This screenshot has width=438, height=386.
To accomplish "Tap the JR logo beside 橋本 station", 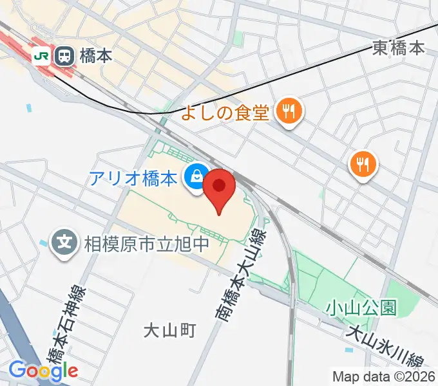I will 41,56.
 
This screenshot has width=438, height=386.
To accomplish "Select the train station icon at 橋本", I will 64,56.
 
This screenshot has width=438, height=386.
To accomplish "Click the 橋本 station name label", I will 96,56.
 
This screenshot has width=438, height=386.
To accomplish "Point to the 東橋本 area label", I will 399,48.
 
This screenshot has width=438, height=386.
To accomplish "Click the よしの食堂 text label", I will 224,113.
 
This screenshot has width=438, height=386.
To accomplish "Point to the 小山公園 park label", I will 360,308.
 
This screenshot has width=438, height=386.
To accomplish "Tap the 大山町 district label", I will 169,331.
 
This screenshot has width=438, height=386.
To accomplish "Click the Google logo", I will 43,370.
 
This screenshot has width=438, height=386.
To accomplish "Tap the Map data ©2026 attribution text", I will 383,376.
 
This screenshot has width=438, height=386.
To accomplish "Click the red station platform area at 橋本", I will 13,46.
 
